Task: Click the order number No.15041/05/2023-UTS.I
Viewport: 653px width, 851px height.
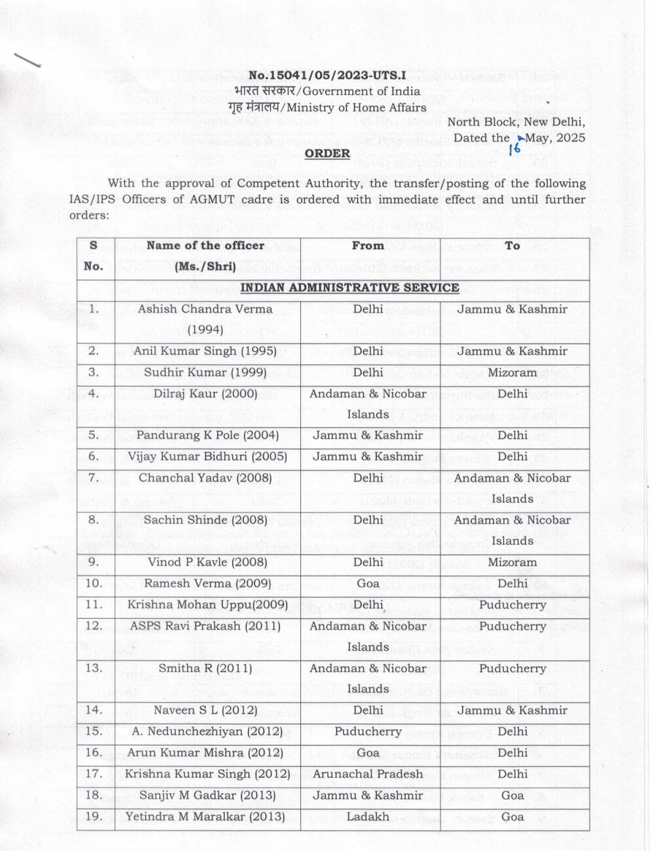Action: pyautogui.click(x=327, y=75)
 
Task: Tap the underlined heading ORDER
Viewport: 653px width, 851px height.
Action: pyautogui.click(x=327, y=153)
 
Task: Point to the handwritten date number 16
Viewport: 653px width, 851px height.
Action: pyautogui.click(x=514, y=148)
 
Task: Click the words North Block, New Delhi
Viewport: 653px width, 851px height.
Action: pyautogui.click(x=516, y=122)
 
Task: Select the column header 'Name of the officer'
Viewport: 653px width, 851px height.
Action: pyautogui.click(x=205, y=245)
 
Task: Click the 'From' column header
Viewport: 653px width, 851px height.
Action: pyautogui.click(x=368, y=245)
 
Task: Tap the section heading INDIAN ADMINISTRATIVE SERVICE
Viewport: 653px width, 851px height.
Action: pyautogui.click(x=349, y=287)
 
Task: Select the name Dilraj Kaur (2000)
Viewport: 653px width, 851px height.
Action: pyautogui.click(x=205, y=393)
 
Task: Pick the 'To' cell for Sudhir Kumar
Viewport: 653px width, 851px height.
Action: pyautogui.click(x=512, y=372)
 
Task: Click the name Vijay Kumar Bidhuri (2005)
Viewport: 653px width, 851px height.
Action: pyautogui.click(x=207, y=456)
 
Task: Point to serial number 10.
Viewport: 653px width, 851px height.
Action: pyautogui.click(x=94, y=583)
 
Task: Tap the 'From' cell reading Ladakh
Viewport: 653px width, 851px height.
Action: pyautogui.click(x=368, y=817)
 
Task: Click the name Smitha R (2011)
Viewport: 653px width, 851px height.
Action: pyautogui.click(x=205, y=668)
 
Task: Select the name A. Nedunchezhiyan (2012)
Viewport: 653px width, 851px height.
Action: pyautogui.click(x=207, y=731)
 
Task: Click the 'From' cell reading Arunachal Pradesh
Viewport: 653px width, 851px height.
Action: pyautogui.click(x=368, y=774)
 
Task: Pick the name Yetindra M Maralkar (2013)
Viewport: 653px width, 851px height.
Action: pyautogui.click(x=205, y=817)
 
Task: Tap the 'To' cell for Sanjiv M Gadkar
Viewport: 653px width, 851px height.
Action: pyautogui.click(x=512, y=795)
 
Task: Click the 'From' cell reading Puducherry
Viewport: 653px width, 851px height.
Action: pyautogui.click(x=368, y=731)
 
